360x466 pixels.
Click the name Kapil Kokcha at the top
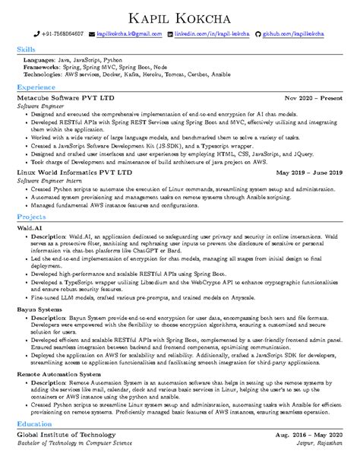[180, 17]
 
